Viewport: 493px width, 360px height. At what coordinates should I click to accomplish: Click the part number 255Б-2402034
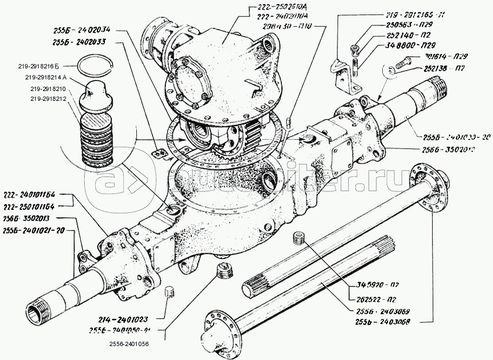85,31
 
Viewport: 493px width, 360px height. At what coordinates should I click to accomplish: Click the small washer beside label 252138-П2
391,71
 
